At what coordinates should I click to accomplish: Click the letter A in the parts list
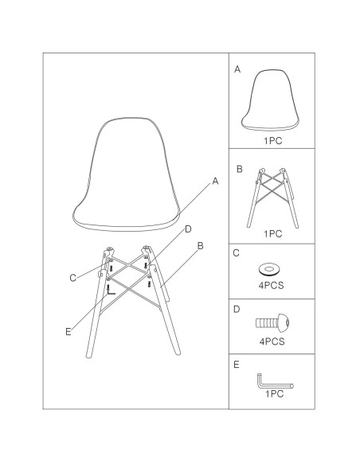point(237,69)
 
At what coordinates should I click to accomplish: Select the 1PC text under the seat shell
point(273,141)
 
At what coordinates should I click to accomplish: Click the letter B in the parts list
point(239,169)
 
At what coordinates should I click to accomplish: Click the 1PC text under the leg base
point(273,233)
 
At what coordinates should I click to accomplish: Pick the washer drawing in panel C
point(269,270)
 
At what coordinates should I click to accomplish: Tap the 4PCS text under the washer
point(271,285)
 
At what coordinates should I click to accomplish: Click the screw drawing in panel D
point(272,322)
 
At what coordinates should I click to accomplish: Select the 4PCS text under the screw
point(272,342)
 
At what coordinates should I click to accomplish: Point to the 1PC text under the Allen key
point(274,394)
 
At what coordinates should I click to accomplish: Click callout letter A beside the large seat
point(215,181)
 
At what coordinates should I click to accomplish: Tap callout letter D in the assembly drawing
point(188,229)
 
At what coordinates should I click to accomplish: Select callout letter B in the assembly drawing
point(200,246)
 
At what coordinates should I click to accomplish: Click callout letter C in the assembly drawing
point(72,278)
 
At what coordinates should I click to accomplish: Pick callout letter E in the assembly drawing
point(68,332)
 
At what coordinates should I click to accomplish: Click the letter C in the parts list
point(236,253)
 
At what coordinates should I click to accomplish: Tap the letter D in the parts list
point(237,309)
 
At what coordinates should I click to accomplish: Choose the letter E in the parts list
point(236,365)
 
